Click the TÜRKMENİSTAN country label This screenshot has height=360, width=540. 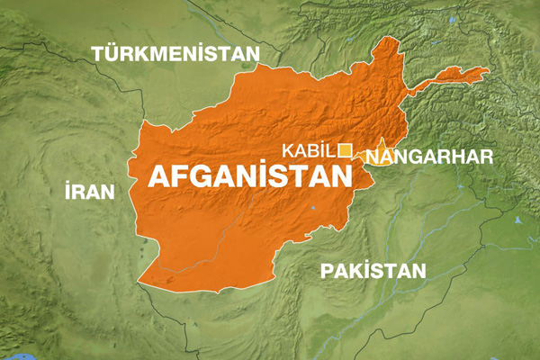click(x=175, y=54)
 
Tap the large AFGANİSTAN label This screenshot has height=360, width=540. click(x=248, y=175)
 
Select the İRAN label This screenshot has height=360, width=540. click(x=90, y=191)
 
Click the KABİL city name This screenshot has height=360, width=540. click(x=308, y=151)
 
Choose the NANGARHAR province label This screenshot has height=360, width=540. click(x=430, y=157)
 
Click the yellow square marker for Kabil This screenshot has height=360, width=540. click(x=345, y=150)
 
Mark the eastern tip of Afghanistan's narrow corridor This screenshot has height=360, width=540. click(x=488, y=70)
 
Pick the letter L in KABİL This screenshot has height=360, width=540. click(x=332, y=151)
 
